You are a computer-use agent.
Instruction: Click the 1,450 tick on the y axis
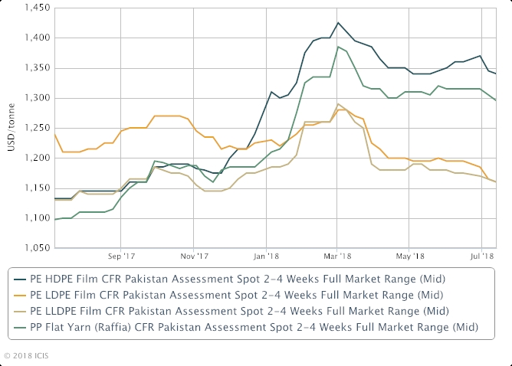click(x=35, y=8)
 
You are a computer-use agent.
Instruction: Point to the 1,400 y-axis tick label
click(x=35, y=38)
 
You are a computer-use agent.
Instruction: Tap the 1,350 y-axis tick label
click(x=35, y=68)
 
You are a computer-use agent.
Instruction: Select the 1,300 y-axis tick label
click(x=35, y=98)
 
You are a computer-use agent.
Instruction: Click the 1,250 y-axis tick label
click(x=35, y=128)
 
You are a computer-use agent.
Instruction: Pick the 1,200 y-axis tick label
click(x=35, y=158)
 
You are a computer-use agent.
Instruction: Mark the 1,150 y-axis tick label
click(x=35, y=188)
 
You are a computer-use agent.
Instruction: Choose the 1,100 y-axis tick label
click(x=35, y=218)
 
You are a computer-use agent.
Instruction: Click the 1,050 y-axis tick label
click(x=35, y=248)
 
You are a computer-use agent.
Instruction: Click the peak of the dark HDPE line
click(x=338, y=23)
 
